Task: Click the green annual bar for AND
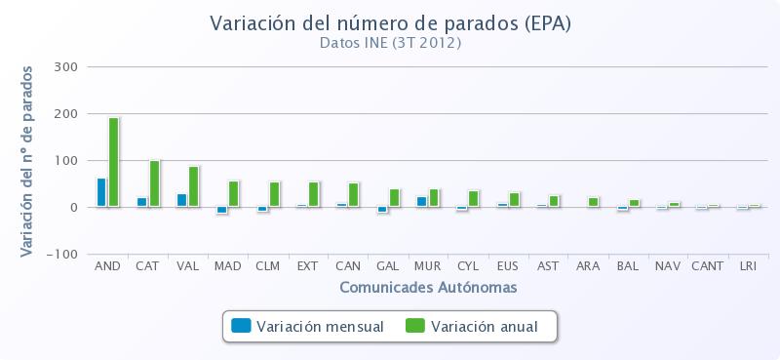click(x=114, y=162)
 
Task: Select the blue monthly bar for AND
click(x=101, y=192)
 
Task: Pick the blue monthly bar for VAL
click(x=181, y=200)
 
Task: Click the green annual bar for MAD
click(x=234, y=194)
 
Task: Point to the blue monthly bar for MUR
click(x=421, y=202)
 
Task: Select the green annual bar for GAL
click(x=394, y=198)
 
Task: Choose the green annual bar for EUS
click(x=514, y=200)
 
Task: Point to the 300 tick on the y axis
click(x=66, y=67)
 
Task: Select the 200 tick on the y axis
click(x=66, y=114)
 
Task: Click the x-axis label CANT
click(x=707, y=265)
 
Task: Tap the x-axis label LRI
click(x=748, y=265)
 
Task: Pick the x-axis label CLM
click(x=267, y=265)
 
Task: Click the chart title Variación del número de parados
click(x=390, y=22)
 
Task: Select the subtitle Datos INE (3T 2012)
click(x=390, y=43)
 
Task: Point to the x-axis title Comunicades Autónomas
click(x=428, y=288)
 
